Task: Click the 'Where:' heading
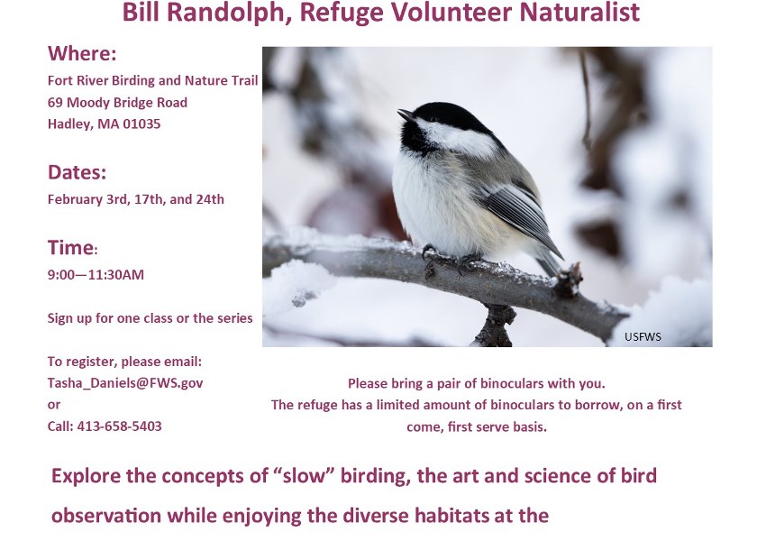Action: coord(82,53)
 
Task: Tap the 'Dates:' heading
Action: coord(77,172)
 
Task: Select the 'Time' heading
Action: coord(71,247)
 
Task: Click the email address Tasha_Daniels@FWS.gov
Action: coord(125,382)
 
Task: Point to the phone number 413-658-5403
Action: coord(119,426)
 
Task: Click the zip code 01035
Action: coord(141,124)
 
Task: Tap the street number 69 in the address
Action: coord(55,103)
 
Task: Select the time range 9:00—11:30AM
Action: coord(96,275)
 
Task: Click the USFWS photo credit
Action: coord(643,336)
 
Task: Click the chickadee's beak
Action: coord(405,115)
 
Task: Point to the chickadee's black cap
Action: coord(449,116)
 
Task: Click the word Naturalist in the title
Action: coord(579,12)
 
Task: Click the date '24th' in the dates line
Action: coord(210,199)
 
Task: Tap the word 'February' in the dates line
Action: coord(74,200)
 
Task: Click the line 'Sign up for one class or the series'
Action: coord(150,318)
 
